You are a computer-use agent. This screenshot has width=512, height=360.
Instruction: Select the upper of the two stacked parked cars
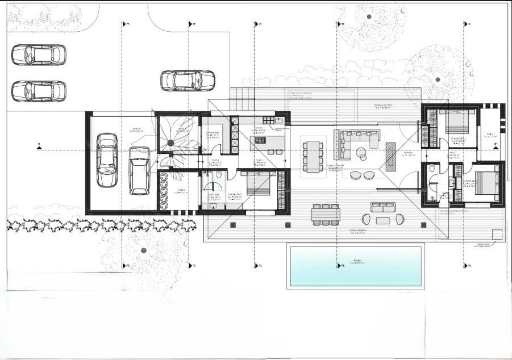[x=39, y=55]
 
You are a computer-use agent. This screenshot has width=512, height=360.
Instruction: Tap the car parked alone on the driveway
[x=188, y=81]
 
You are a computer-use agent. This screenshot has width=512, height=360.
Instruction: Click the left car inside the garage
[x=107, y=160]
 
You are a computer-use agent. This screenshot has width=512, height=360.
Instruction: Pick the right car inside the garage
[x=139, y=170]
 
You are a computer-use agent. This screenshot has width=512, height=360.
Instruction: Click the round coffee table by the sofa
[x=361, y=151]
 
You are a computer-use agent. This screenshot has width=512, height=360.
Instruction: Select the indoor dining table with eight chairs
[x=313, y=156]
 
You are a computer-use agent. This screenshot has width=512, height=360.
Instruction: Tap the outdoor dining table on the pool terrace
[x=326, y=214]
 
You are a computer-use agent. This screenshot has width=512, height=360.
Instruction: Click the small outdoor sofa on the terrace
[x=383, y=208]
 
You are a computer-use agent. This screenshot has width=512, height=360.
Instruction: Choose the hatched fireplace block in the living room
[x=391, y=156]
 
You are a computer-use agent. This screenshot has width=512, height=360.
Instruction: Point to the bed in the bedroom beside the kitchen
[x=258, y=183]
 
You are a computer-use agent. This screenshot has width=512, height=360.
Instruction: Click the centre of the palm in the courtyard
[x=170, y=143]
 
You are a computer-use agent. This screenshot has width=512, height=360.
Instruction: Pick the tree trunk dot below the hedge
[x=143, y=250]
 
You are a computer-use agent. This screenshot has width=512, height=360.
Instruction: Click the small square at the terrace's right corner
[x=497, y=235]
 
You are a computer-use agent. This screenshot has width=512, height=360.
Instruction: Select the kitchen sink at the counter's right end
[x=278, y=120]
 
